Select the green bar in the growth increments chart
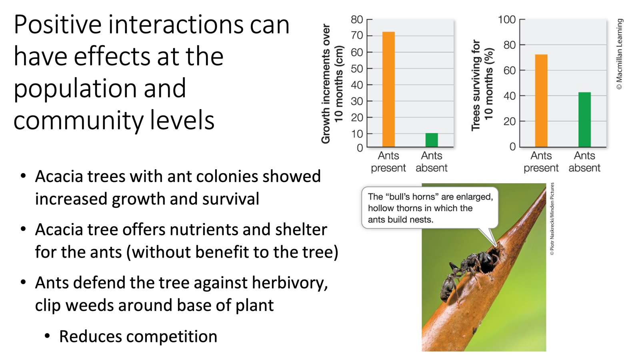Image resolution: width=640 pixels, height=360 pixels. (x=431, y=140)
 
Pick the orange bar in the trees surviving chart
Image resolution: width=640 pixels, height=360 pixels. (x=541, y=101)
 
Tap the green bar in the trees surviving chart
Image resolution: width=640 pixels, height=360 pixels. (x=584, y=120)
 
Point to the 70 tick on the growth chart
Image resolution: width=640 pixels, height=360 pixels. (x=357, y=36)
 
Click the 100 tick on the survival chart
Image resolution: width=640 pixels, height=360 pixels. (x=506, y=20)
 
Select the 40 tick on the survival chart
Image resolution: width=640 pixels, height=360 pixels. (x=509, y=96)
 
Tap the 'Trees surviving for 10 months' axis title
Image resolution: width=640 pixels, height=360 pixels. (x=482, y=85)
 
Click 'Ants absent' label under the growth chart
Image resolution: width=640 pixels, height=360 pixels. (x=431, y=162)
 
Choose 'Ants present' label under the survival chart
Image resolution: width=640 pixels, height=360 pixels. (x=541, y=162)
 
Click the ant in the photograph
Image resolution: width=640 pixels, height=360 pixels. (x=464, y=272)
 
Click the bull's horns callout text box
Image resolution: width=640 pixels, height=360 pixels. (x=430, y=208)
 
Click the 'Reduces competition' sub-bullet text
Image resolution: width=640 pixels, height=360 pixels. (x=138, y=336)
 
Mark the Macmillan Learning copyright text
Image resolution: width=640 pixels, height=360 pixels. (x=619, y=54)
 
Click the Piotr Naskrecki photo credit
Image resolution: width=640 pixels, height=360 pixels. (x=552, y=219)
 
